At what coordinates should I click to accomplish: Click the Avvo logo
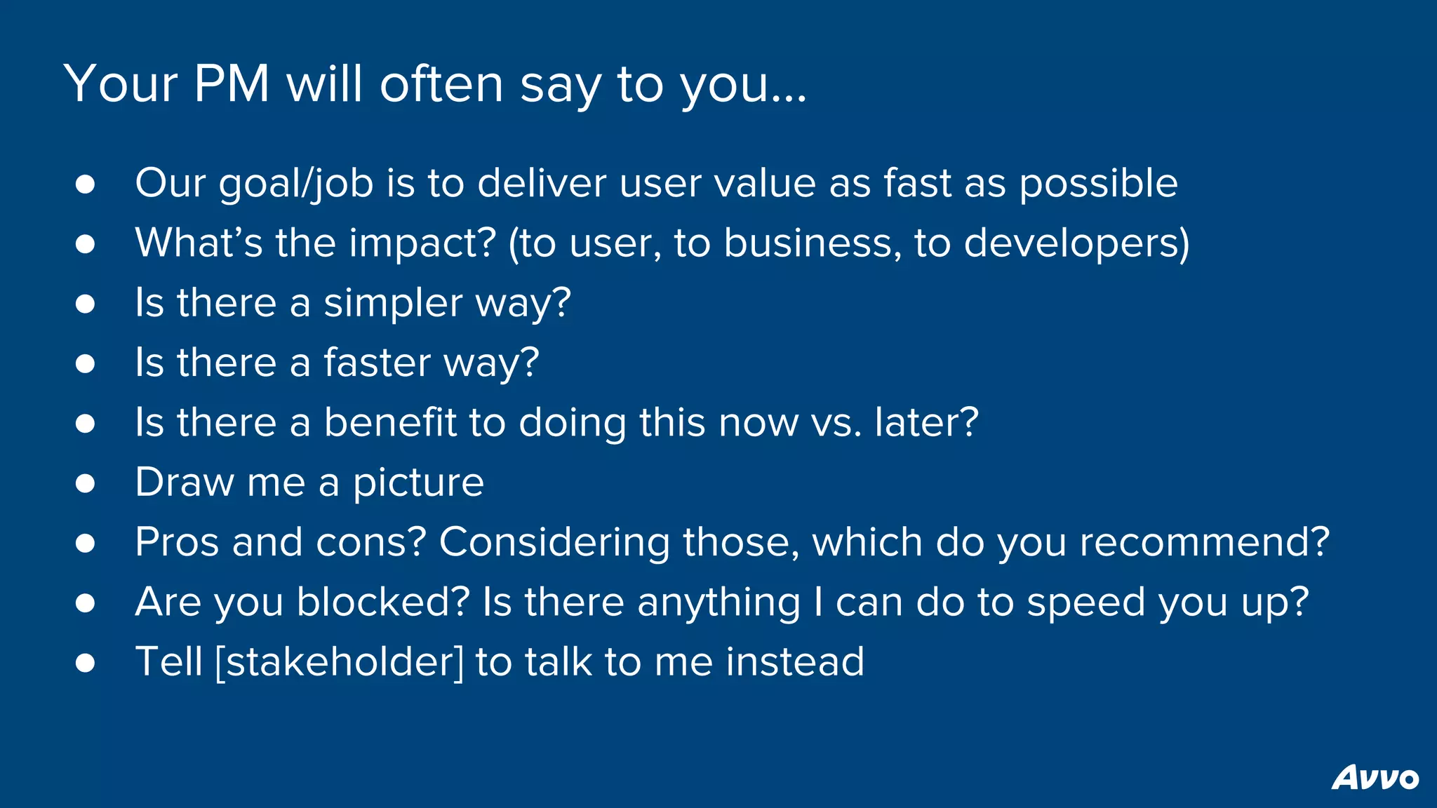pyautogui.click(x=1375, y=777)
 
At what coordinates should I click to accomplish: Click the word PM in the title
pyautogui.click(x=232, y=85)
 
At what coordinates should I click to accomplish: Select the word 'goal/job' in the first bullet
pyautogui.click(x=295, y=184)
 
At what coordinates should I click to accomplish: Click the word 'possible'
pyautogui.click(x=1098, y=184)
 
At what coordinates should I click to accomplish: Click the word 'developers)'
pyautogui.click(x=1076, y=244)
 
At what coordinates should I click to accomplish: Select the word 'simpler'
pyautogui.click(x=393, y=304)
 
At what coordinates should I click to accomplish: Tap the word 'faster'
pyautogui.click(x=377, y=363)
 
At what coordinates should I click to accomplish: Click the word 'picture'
pyautogui.click(x=418, y=483)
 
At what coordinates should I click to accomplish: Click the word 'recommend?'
pyautogui.click(x=1204, y=542)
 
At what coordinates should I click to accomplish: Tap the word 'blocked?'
pyautogui.click(x=382, y=602)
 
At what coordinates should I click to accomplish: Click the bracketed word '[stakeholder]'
pyautogui.click(x=340, y=662)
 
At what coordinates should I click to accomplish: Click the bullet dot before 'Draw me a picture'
pyautogui.click(x=86, y=483)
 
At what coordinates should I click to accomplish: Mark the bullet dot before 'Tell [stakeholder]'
pyautogui.click(x=86, y=663)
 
